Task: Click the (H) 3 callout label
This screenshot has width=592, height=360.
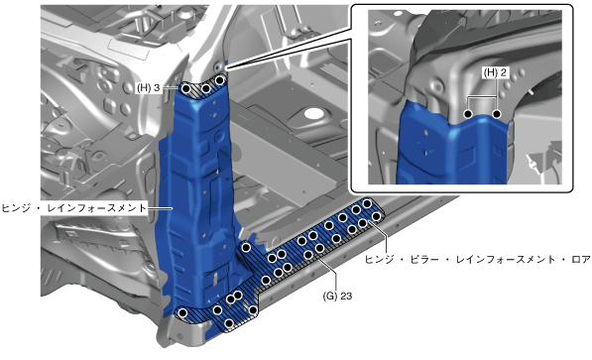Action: (x=149, y=88)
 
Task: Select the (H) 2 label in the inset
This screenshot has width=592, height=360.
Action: (x=495, y=72)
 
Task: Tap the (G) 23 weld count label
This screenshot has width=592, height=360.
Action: (x=337, y=296)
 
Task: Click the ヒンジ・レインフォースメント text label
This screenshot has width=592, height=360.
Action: (x=73, y=207)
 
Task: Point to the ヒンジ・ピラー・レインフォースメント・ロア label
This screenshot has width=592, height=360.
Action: (x=478, y=260)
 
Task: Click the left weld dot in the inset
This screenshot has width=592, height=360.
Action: (x=468, y=114)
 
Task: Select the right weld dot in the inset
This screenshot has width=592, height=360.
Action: (x=497, y=114)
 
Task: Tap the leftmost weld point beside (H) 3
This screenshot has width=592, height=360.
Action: (x=186, y=89)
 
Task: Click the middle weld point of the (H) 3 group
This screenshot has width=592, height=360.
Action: (x=206, y=89)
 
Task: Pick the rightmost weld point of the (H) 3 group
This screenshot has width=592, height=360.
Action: (x=220, y=80)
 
